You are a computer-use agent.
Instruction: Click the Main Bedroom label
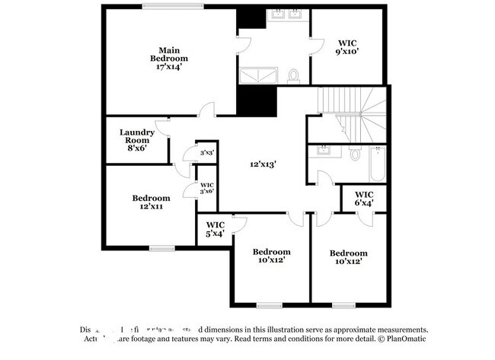tap(168, 58)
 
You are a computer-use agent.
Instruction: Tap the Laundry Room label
tap(137, 139)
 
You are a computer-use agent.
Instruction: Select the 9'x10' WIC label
tap(346, 46)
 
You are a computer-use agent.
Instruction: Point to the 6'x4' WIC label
tap(364, 198)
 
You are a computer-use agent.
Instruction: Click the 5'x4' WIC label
tap(215, 228)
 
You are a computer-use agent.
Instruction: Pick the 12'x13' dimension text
tap(263, 164)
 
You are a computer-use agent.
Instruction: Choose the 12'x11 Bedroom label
tap(151, 202)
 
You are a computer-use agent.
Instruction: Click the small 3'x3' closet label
tap(206, 152)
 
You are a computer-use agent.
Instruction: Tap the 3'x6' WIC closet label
tap(206, 189)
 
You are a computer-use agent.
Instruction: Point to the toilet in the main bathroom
tap(294, 75)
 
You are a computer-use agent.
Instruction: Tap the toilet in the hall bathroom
tap(355, 154)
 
